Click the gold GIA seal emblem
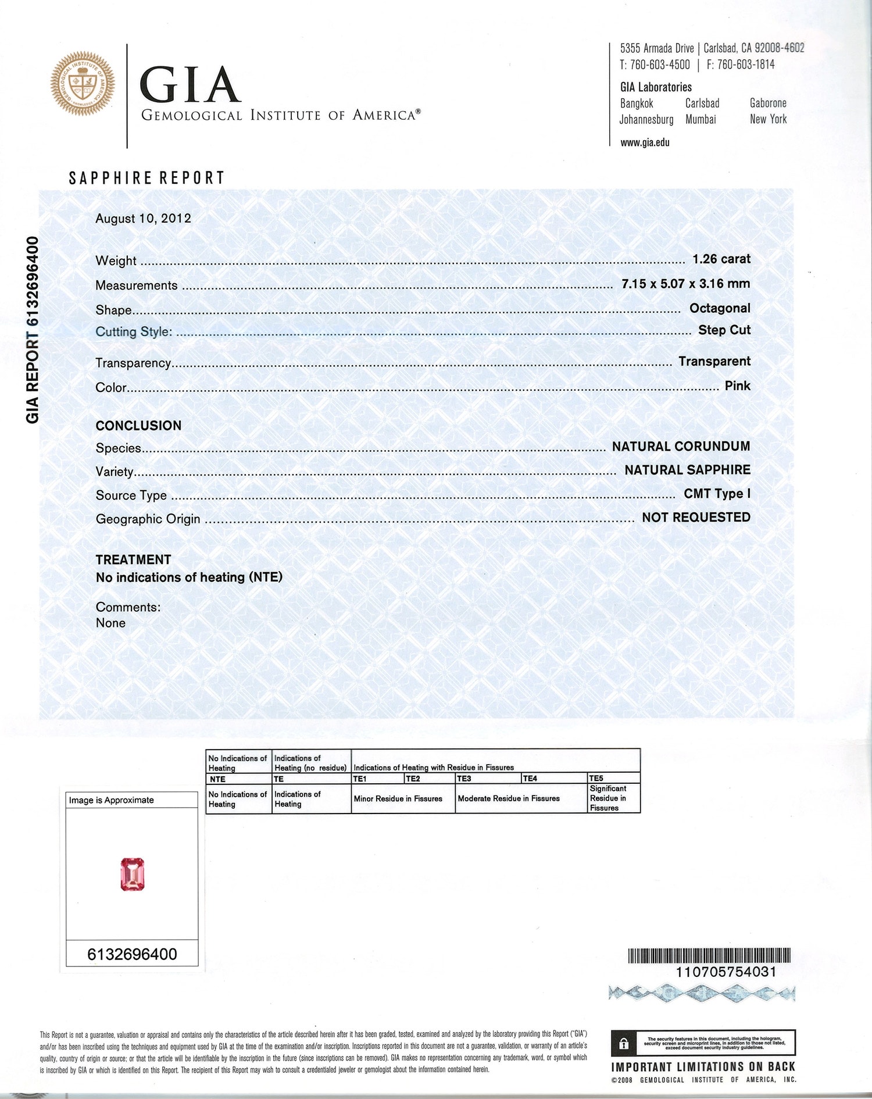[x=83, y=83]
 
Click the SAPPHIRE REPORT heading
[x=146, y=178]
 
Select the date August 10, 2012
[x=143, y=218]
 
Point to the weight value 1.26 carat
[x=721, y=259]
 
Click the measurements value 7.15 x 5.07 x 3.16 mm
[x=685, y=284]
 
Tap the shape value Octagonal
[x=719, y=308]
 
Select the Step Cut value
[x=724, y=330]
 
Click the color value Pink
[x=737, y=386]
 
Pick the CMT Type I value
[x=717, y=494]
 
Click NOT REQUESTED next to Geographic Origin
[x=696, y=518]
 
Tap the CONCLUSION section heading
[x=138, y=426]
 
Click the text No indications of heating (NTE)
[x=189, y=577]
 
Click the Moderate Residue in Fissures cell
[x=509, y=798]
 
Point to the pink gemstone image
[x=133, y=875]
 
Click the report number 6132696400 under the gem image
[x=132, y=954]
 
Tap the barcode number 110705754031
[x=726, y=972]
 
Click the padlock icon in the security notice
[x=624, y=1044]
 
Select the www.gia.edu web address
[x=645, y=142]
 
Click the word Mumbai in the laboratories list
[x=701, y=120]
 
